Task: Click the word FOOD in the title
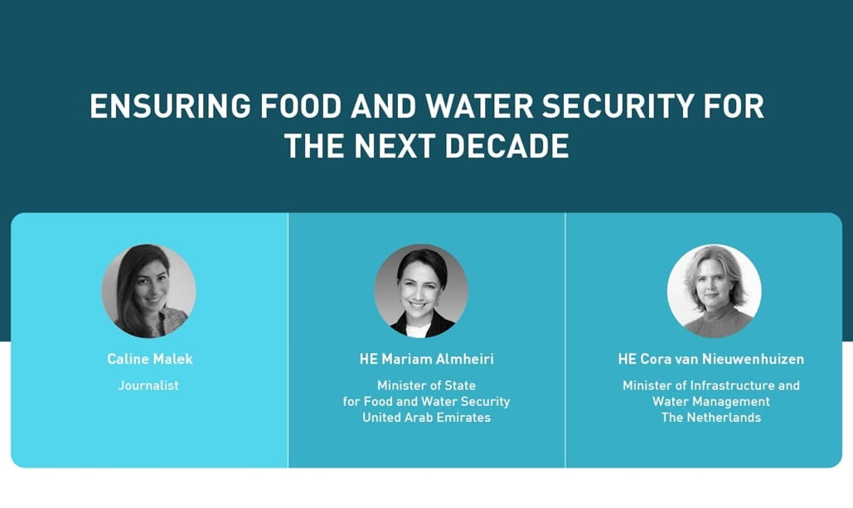(300, 106)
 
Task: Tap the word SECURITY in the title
(618, 106)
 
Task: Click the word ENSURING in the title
(170, 106)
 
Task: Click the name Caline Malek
(149, 359)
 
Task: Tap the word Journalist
(148, 385)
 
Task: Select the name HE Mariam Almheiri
(426, 359)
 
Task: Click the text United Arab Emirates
(426, 417)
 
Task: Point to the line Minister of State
(426, 385)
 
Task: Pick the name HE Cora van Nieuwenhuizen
(711, 359)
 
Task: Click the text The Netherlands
(711, 417)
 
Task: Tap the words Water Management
(711, 401)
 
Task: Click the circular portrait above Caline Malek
(149, 291)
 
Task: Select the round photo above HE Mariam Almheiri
(421, 291)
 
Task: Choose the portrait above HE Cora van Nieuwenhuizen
(715, 291)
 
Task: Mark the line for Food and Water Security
(426, 401)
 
